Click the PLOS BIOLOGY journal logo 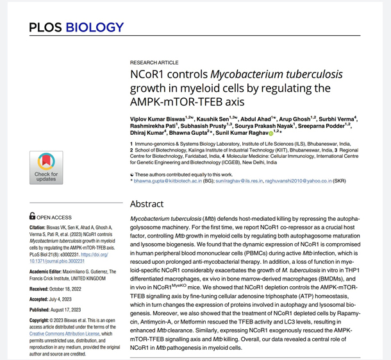coord(76,28)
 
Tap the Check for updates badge coord(46,167)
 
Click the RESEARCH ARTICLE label coord(154,62)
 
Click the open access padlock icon coord(33,217)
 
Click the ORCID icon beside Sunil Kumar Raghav coord(271,133)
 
